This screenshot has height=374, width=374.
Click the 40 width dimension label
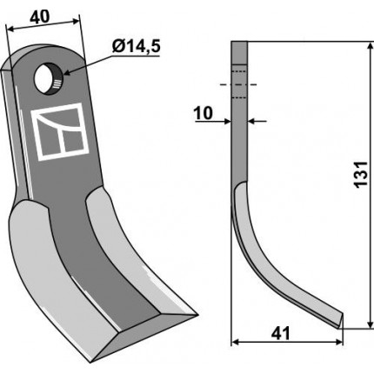click(39, 17)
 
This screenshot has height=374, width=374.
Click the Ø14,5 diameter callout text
click(136, 47)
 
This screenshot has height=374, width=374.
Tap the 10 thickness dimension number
click(204, 113)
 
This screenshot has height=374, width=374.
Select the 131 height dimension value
click(362, 174)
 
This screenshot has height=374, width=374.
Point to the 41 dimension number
click(280, 333)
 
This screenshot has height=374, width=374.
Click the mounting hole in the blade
click(47, 78)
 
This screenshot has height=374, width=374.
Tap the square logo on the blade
click(60, 132)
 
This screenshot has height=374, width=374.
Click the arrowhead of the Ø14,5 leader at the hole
click(66, 72)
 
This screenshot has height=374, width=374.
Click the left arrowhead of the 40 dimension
click(10, 29)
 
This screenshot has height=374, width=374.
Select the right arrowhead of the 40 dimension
click(75, 21)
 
